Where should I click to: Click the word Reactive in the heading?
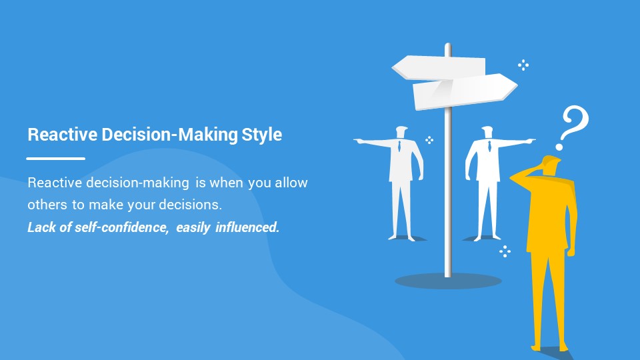(x=63, y=134)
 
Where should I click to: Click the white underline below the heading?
(x=55, y=159)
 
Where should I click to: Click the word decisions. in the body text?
(x=190, y=204)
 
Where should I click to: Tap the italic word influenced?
(x=247, y=227)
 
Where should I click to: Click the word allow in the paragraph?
(x=291, y=182)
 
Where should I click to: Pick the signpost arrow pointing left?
(x=439, y=67)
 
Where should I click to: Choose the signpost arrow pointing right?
(x=465, y=92)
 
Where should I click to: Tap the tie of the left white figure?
(x=399, y=146)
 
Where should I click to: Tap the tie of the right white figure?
(x=489, y=146)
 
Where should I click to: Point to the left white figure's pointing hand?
(x=359, y=141)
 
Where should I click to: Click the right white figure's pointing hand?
(x=529, y=141)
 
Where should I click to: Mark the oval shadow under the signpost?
(x=448, y=281)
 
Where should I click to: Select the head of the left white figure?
(x=401, y=132)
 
